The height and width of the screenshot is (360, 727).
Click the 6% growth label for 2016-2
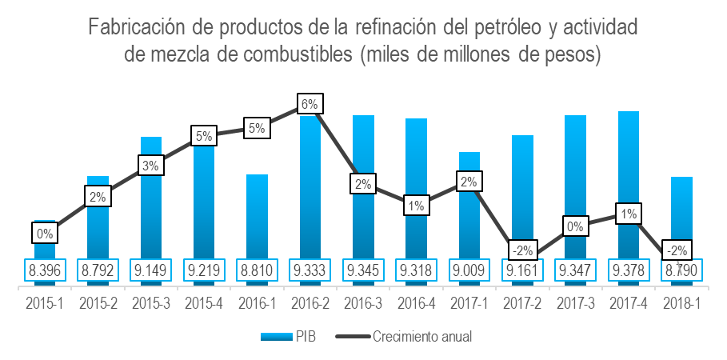310,104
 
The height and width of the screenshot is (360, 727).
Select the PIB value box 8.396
45,270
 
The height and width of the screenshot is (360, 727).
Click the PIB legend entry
289,337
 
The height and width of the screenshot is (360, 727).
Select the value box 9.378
629,270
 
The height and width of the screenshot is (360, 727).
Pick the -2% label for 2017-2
522,249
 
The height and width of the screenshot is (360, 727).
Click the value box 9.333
310,270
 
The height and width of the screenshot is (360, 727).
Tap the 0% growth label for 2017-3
575,226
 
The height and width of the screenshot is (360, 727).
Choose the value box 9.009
469,270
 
